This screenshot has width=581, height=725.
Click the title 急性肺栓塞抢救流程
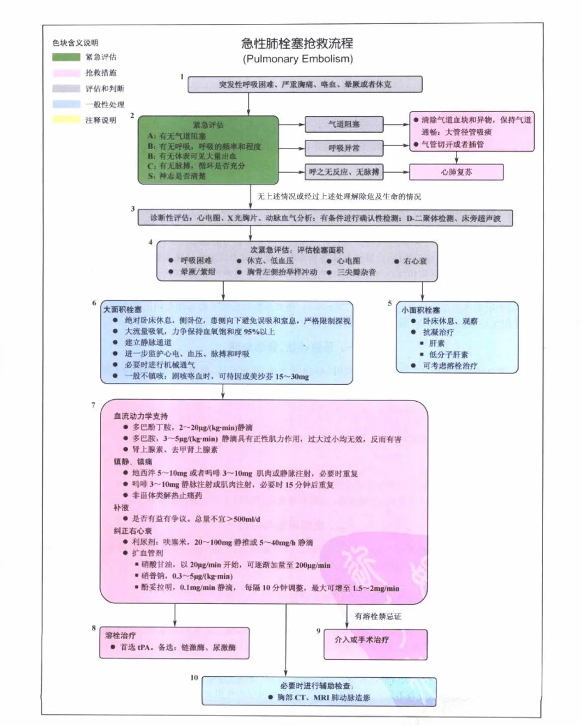297,43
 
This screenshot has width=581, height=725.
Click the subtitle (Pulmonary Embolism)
297,59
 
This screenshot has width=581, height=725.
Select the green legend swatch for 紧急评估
66,57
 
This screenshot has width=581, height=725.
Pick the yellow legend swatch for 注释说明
66,120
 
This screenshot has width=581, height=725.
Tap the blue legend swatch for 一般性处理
66,104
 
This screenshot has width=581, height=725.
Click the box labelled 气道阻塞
344,124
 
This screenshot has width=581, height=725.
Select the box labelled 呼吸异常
344,148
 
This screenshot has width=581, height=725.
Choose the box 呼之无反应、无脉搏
344,172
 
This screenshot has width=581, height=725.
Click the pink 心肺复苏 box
456,172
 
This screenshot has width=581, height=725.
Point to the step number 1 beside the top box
182,77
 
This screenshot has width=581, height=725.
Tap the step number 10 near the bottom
194,677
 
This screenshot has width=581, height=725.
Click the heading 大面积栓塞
122,309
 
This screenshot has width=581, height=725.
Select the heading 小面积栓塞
420,310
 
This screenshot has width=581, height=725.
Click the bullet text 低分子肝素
448,355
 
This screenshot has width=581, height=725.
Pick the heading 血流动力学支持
141,416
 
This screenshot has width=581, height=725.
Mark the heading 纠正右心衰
133,531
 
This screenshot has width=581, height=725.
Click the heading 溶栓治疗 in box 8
120,635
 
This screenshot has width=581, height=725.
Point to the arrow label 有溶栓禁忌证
378,617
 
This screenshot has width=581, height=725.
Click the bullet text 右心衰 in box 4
415,261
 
